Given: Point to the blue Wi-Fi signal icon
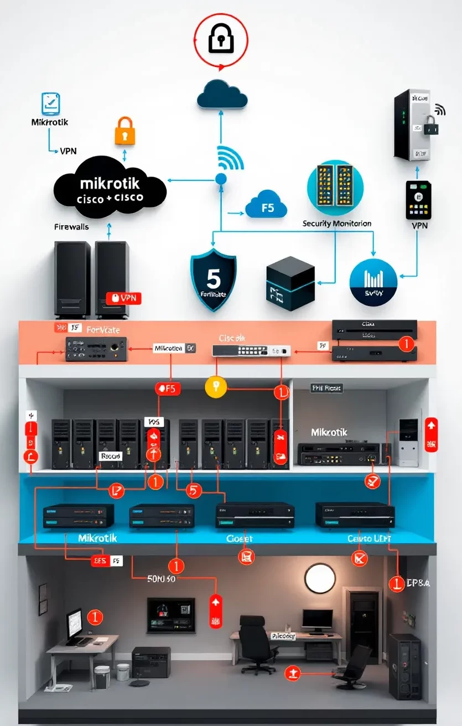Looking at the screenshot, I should pyautogui.click(x=230, y=158).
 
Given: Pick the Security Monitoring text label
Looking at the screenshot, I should pyautogui.click(x=336, y=224).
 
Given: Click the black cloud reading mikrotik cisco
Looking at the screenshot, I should pyautogui.click(x=110, y=190).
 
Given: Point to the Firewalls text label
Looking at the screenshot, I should pyautogui.click(x=71, y=227).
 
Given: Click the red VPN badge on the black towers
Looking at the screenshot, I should pyautogui.click(x=124, y=298).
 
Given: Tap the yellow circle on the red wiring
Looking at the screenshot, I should pyautogui.click(x=216, y=387).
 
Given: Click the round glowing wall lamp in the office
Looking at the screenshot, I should pyautogui.click(x=320, y=578).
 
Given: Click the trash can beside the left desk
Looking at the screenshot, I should pyautogui.click(x=102, y=677).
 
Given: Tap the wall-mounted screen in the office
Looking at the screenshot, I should pyautogui.click(x=170, y=614).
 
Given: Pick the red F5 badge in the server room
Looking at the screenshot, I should pyautogui.click(x=168, y=388).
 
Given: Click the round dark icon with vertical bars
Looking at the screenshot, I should pyautogui.click(x=373, y=282).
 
